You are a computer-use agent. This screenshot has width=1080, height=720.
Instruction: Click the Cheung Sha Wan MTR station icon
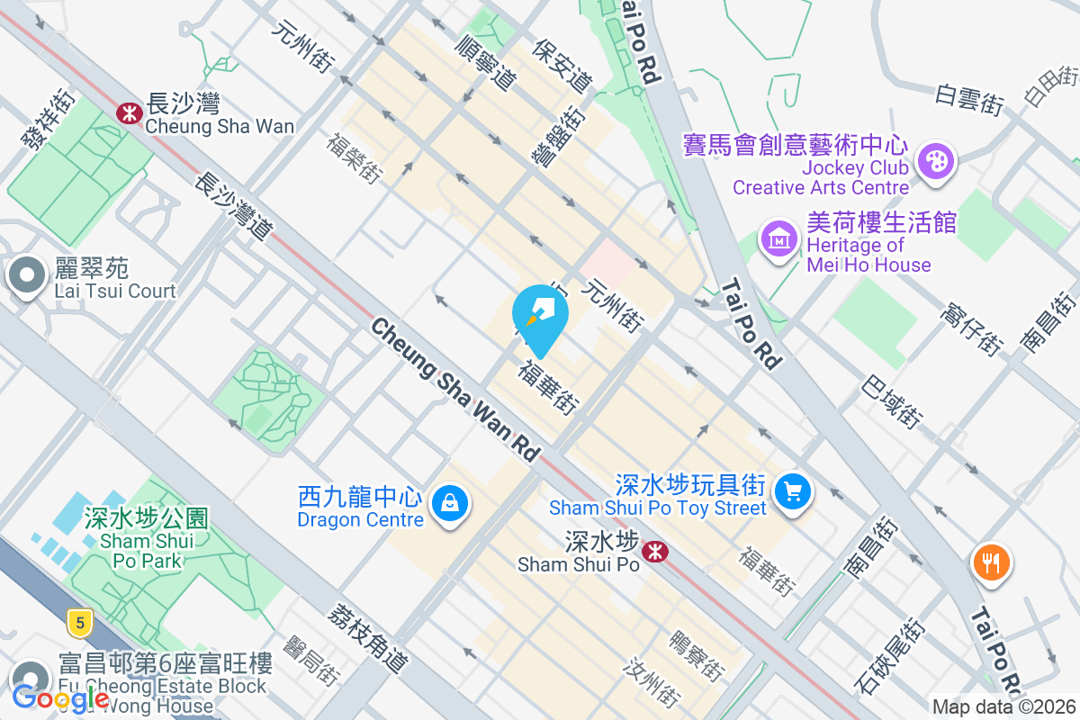[x=128, y=112]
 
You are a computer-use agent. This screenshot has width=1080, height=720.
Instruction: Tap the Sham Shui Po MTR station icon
[x=655, y=551]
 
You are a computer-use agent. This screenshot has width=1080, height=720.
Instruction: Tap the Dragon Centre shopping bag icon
[x=448, y=504]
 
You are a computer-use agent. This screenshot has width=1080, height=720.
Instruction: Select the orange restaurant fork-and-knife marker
[x=991, y=562]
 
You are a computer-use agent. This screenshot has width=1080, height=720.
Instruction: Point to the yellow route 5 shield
[x=81, y=622]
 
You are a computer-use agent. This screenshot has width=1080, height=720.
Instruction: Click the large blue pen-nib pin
[x=540, y=316]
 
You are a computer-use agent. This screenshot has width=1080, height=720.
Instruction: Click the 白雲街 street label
[x=968, y=98]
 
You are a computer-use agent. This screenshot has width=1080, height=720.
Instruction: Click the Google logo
[x=61, y=697]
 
